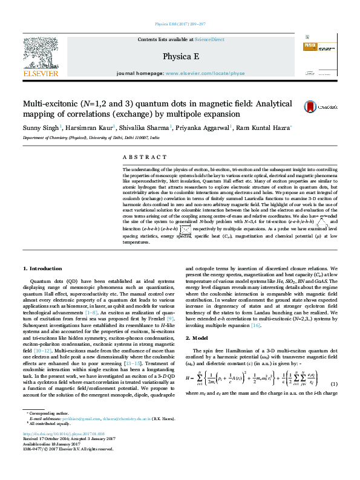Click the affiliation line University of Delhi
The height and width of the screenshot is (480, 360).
pos(91,138)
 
